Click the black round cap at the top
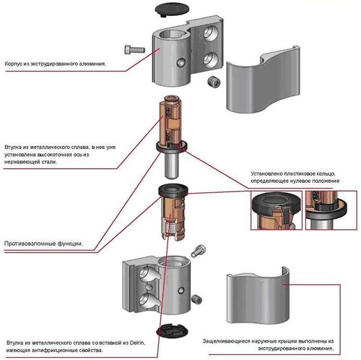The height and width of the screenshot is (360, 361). (172, 9)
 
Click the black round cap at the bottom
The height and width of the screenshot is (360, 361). (173, 331)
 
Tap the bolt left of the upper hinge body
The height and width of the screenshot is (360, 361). (134, 50)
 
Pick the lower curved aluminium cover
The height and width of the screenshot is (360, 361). (258, 298)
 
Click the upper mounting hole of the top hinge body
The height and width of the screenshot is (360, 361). (209, 33)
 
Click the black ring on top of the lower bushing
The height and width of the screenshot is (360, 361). (173, 189)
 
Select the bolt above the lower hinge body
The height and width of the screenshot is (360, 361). (199, 251)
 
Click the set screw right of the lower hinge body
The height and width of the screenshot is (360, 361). (197, 299)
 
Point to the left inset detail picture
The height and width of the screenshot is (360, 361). (277, 210)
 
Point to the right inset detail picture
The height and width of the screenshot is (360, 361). (331, 210)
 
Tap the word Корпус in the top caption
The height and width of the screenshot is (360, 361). (14, 64)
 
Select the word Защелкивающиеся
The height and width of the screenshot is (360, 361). (226, 341)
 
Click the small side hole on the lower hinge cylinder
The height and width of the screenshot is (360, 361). (181, 291)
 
